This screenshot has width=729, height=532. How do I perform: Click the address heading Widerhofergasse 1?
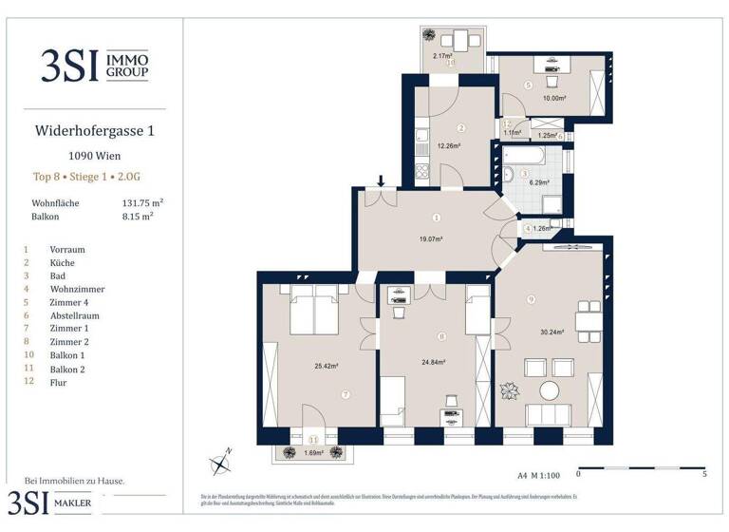pyautogui.click(x=94, y=131)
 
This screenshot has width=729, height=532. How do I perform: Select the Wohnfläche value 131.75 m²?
pyautogui.click(x=139, y=203)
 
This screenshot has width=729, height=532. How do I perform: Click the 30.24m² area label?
pyautogui.click(x=551, y=332)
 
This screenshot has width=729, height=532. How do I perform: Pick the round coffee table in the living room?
pyautogui.click(x=550, y=390)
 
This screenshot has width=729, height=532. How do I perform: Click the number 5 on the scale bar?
pyautogui.click(x=702, y=473)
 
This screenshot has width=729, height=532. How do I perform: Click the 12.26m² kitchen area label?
pyautogui.click(x=448, y=145)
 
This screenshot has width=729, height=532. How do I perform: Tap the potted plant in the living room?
pyautogui.click(x=509, y=390)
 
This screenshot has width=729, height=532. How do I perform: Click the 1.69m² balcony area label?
pyautogui.click(x=313, y=453)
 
